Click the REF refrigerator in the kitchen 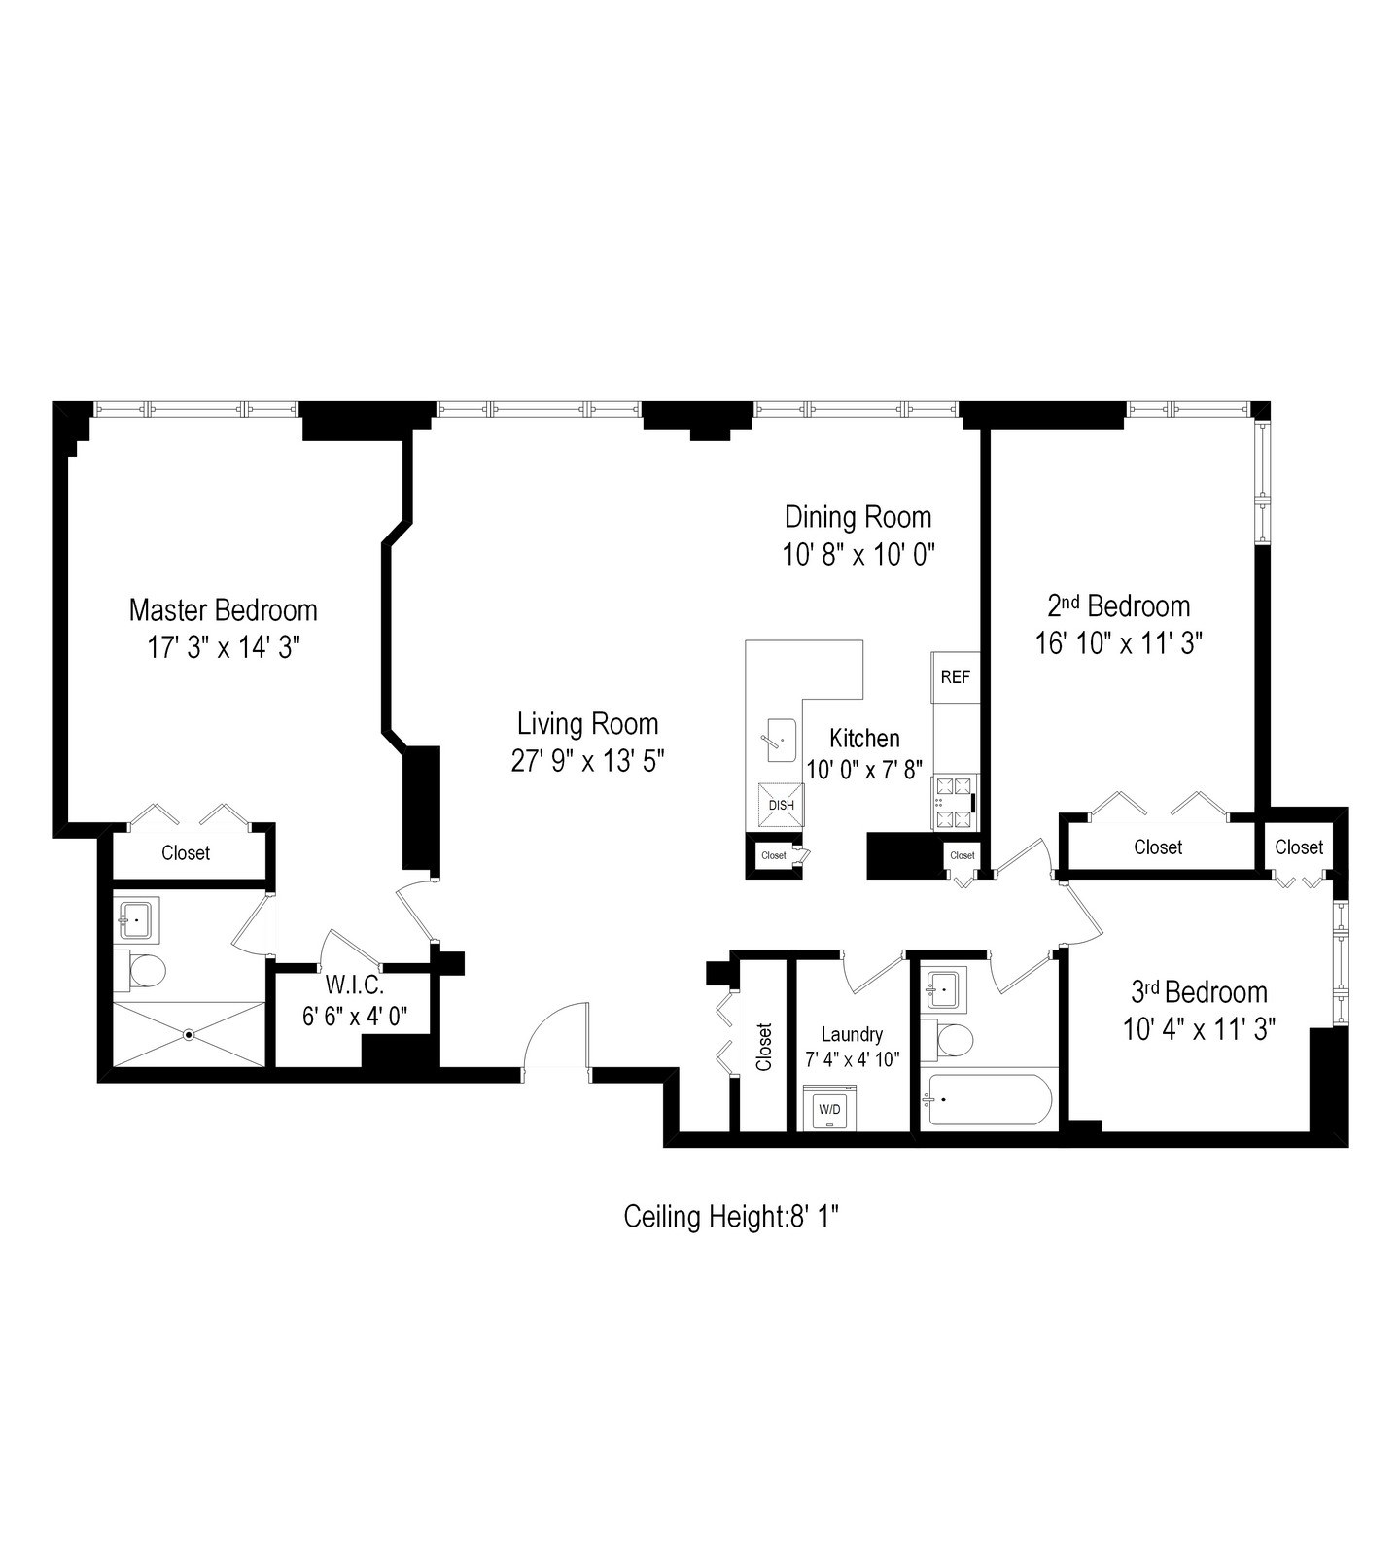[955, 677]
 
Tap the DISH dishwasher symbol [781, 805]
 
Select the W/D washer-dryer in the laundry [829, 1108]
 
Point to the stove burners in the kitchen [955, 802]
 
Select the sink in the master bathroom [137, 919]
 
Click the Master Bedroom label [223, 610]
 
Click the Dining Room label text [857, 517]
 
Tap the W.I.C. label [354, 985]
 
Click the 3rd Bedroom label [1199, 992]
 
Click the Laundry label [852, 1034]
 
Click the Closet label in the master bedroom [186, 852]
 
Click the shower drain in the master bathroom [189, 1035]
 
